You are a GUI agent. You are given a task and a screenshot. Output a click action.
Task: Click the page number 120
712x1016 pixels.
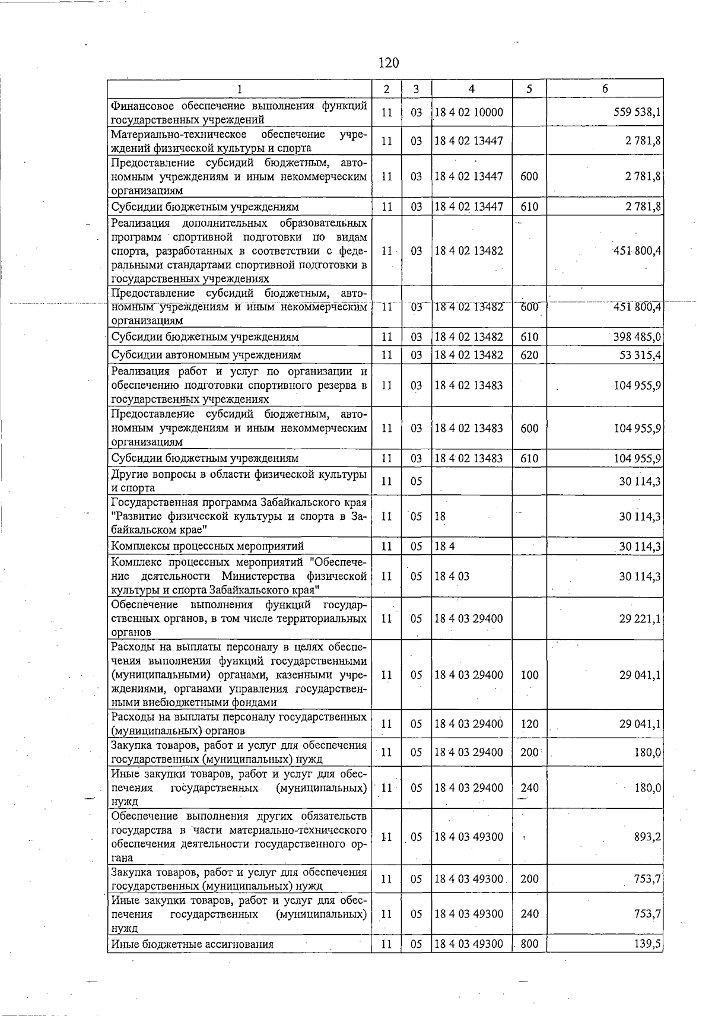tap(389, 63)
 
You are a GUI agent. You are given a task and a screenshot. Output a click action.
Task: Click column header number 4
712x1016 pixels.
tap(471, 89)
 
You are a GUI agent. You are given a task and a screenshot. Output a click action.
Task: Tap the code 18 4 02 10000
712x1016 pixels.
tap(469, 112)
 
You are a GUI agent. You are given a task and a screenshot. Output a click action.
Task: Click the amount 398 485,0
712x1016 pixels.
tap(637, 337)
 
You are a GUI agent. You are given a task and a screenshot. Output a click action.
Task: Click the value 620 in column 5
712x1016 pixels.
tap(529, 355)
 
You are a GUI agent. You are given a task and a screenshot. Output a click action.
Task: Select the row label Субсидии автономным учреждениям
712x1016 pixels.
tap(206, 355)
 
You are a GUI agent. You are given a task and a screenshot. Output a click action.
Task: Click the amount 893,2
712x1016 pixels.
tap(647, 837)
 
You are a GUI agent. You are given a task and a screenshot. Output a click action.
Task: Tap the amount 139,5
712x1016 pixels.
tap(647, 944)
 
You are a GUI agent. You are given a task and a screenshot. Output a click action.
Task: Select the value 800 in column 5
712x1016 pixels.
tap(529, 944)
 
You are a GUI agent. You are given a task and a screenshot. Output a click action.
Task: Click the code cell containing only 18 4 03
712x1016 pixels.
tap(452, 576)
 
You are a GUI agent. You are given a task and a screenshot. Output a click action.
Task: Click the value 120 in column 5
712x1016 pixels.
tap(529, 724)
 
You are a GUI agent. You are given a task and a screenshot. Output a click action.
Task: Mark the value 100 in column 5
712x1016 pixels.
tap(529, 675)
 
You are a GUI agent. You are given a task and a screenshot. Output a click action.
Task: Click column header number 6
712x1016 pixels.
tap(605, 89)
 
